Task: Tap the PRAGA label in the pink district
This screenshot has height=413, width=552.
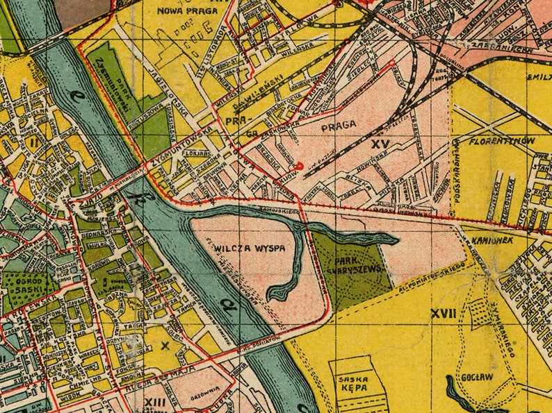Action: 339,125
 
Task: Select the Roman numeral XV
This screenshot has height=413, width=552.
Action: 379,144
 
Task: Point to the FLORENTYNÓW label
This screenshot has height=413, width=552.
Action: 501,141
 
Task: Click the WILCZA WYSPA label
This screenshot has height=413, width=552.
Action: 240,248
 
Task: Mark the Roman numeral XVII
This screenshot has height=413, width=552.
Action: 443,314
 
